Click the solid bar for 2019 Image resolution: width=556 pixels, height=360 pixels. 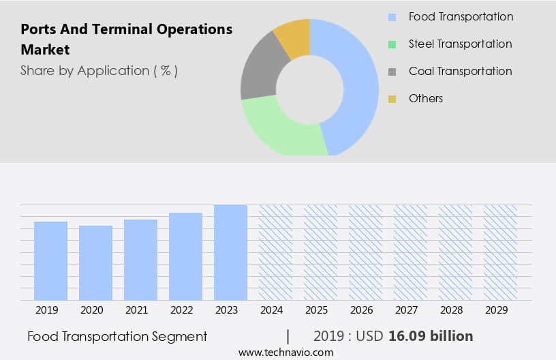50,260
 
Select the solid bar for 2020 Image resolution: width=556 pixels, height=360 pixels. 95,262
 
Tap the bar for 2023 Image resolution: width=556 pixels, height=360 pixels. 230,252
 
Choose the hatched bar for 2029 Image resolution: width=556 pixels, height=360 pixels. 500,252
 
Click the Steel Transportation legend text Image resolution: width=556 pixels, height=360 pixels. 460,44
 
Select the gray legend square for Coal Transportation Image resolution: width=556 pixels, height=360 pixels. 392,72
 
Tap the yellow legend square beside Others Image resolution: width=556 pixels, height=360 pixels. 392,99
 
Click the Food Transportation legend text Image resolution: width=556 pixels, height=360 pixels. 461,16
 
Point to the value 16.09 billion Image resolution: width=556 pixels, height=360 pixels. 431,336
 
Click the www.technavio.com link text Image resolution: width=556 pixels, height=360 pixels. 286,352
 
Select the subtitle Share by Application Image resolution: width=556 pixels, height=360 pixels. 99,70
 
